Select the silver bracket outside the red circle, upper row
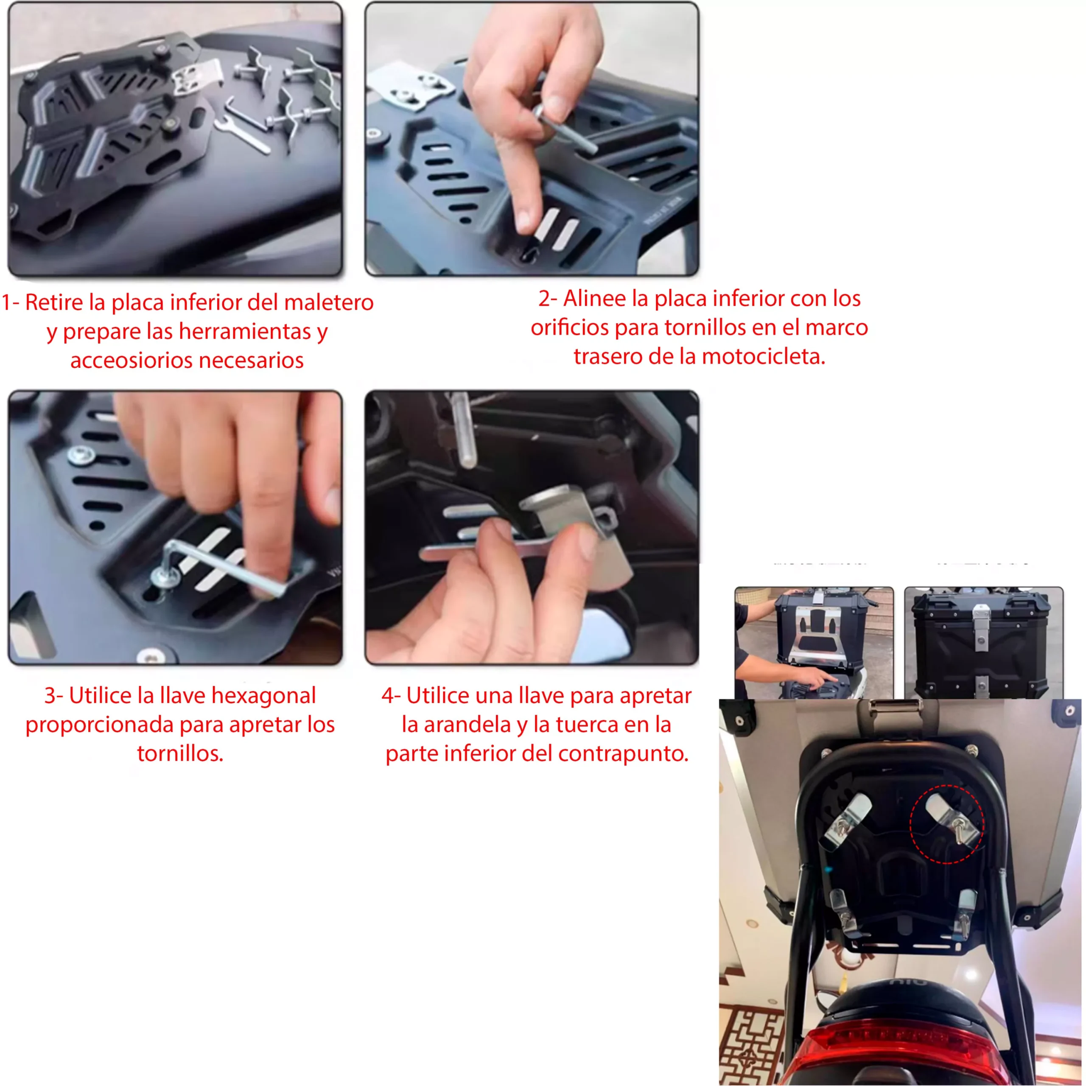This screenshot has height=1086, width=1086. click(x=849, y=822)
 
